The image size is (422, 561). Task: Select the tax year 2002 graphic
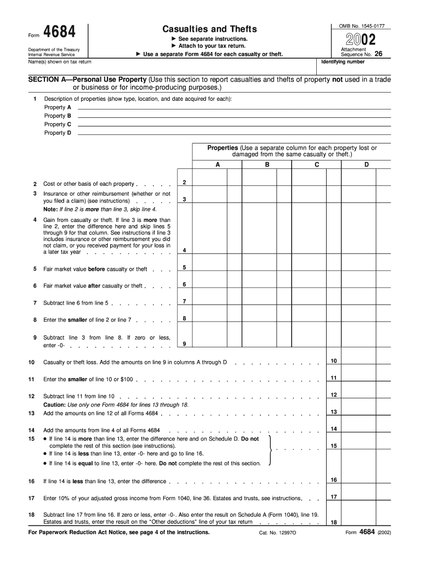tap(360, 39)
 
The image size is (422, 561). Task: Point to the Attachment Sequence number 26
tap(378, 54)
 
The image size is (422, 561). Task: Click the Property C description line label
tap(58, 124)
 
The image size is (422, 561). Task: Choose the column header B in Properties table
tap(267, 164)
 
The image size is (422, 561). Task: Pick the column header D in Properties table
tap(367, 164)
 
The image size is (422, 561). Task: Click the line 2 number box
tap(184, 182)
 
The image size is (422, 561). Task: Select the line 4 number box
tap(184, 250)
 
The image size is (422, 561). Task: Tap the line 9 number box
tap(184, 344)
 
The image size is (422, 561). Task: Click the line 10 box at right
tap(334, 360)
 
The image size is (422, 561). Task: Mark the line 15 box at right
tap(334, 446)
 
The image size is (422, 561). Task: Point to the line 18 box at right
tap(334, 522)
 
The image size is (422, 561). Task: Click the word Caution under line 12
tap(54, 404)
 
